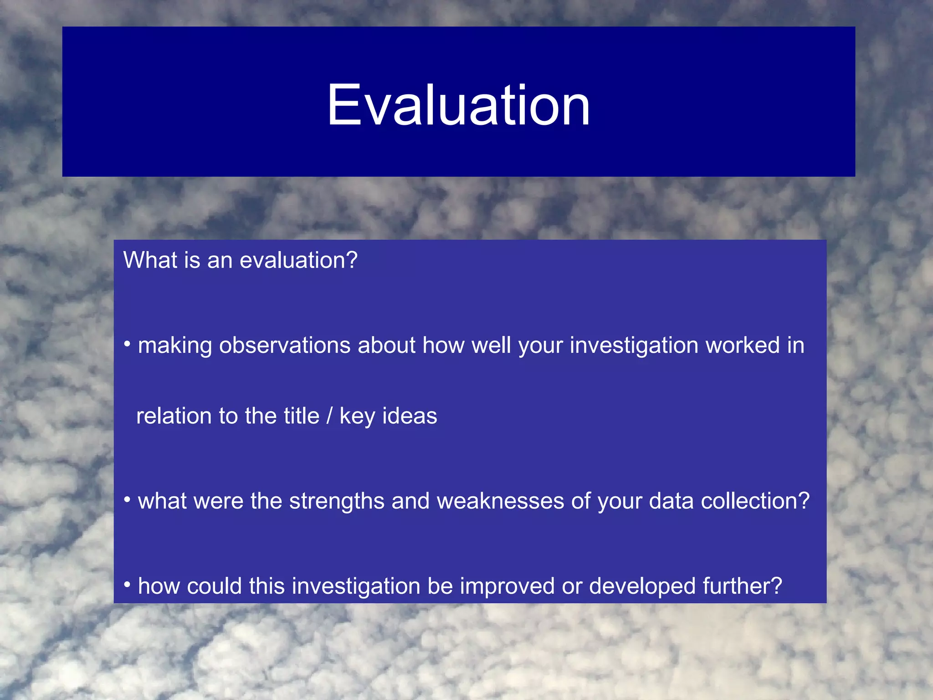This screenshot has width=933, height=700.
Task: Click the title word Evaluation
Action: (x=458, y=106)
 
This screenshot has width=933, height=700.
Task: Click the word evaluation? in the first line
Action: (x=298, y=261)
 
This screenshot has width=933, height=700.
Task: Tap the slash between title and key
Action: (x=329, y=416)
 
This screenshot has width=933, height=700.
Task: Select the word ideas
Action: (x=409, y=416)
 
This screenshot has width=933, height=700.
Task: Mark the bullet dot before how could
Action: (x=128, y=585)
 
